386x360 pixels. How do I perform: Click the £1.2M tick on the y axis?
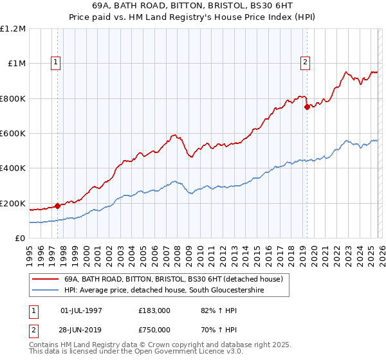pyautogui.click(x=14, y=29)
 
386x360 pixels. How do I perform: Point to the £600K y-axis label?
pyautogui.click(x=13, y=134)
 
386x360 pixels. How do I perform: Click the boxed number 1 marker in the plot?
pyautogui.click(x=57, y=62)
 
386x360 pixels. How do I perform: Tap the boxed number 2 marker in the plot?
pyautogui.click(x=305, y=62)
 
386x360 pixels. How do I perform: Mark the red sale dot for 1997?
pyautogui.click(x=58, y=206)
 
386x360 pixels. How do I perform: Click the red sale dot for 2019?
pyautogui.click(x=307, y=107)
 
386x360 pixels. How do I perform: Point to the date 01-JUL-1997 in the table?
pyautogui.click(x=81, y=310)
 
